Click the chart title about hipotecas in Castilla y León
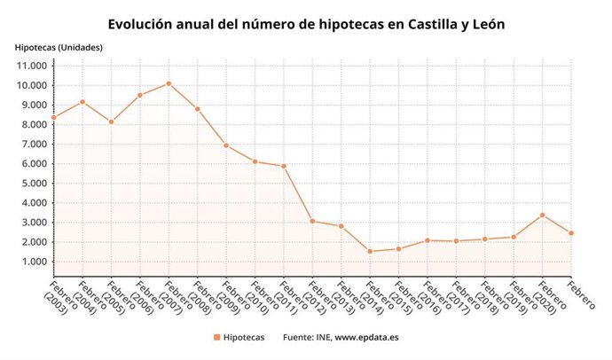306,25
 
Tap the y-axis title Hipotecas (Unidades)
59,47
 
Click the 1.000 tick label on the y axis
31,262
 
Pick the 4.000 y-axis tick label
31,203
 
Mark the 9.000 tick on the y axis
31,106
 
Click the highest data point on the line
169,83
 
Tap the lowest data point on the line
370,251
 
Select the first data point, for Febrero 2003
54,117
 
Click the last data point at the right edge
571,233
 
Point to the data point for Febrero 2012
312,221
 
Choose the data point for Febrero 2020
542,215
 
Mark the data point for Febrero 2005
111,121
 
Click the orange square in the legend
216,338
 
